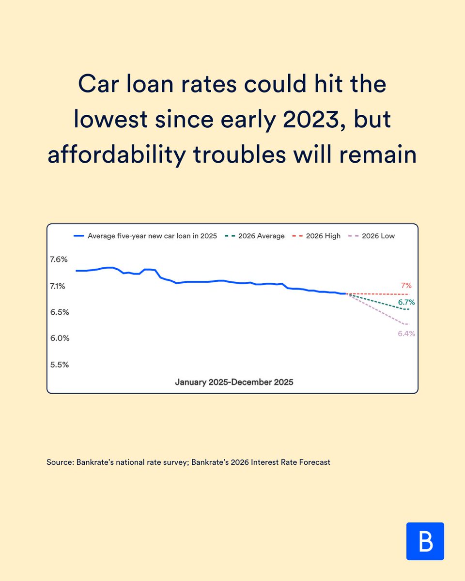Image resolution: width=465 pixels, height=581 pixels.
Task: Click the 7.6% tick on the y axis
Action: click(x=59, y=260)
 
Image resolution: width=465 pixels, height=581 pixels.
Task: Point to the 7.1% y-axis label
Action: click(x=58, y=286)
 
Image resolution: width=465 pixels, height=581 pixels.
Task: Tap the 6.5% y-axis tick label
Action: click(x=60, y=312)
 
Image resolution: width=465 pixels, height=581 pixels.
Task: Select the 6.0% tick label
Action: click(x=60, y=338)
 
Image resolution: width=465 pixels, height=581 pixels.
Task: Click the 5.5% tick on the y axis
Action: click(x=60, y=365)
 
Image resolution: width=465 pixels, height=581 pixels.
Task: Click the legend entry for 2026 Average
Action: click(x=255, y=236)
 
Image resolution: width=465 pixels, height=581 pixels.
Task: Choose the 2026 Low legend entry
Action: click(x=372, y=236)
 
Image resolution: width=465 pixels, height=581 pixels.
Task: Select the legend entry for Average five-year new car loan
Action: click(x=145, y=236)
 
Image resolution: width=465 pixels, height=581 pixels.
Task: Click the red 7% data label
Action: click(x=405, y=286)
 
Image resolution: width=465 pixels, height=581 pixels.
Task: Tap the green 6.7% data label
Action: click(x=406, y=302)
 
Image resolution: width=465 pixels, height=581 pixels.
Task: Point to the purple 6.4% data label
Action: click(x=406, y=334)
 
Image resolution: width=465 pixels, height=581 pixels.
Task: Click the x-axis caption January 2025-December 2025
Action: click(x=234, y=382)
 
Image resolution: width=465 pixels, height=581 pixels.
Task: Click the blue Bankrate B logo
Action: click(x=425, y=541)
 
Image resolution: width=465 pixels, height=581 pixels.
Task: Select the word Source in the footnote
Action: click(x=60, y=462)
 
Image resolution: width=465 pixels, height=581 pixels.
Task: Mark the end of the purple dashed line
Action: click(x=409, y=324)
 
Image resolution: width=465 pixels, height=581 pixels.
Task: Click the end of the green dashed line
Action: click(x=409, y=309)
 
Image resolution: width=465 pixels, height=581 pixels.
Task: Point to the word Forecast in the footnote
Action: click(x=313, y=462)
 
